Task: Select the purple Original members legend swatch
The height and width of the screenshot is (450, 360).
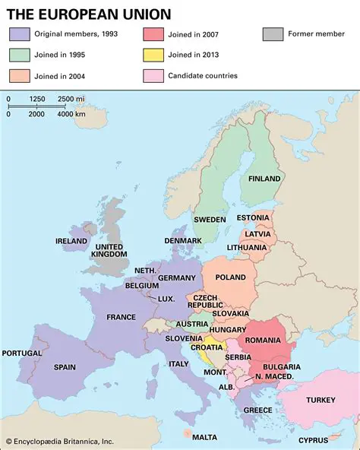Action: point(20,34)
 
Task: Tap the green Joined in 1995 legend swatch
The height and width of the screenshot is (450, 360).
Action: point(20,55)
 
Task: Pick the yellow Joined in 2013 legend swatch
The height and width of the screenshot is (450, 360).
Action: point(153,55)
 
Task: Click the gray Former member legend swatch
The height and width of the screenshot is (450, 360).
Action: point(273,34)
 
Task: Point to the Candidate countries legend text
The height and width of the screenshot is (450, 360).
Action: point(203,76)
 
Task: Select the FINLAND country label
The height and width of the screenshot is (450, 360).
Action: point(265,179)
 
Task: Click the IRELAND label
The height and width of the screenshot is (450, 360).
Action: point(71,241)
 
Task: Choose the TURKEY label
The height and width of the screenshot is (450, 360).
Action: point(321,400)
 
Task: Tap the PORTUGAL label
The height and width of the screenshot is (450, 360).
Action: point(22,353)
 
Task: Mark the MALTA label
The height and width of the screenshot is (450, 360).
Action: point(204,437)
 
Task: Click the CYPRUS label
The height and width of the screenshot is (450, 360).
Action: point(313,440)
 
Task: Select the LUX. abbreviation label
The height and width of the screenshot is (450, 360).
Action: point(166,299)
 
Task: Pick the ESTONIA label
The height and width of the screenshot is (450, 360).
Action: point(253,218)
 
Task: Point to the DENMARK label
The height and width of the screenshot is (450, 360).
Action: point(183,240)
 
